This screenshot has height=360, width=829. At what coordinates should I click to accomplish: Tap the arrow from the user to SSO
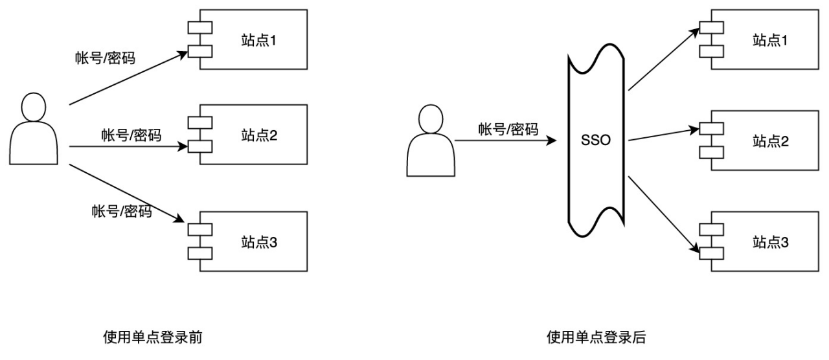505,140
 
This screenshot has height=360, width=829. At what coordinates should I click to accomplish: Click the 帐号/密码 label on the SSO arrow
508,129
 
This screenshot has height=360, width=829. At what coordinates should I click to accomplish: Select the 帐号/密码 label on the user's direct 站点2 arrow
131,135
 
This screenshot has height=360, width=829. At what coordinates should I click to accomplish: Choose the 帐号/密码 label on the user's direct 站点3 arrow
122,211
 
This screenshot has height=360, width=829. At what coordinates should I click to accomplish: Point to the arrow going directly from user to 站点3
123,192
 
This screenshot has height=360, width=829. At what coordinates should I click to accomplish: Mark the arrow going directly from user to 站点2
123,146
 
